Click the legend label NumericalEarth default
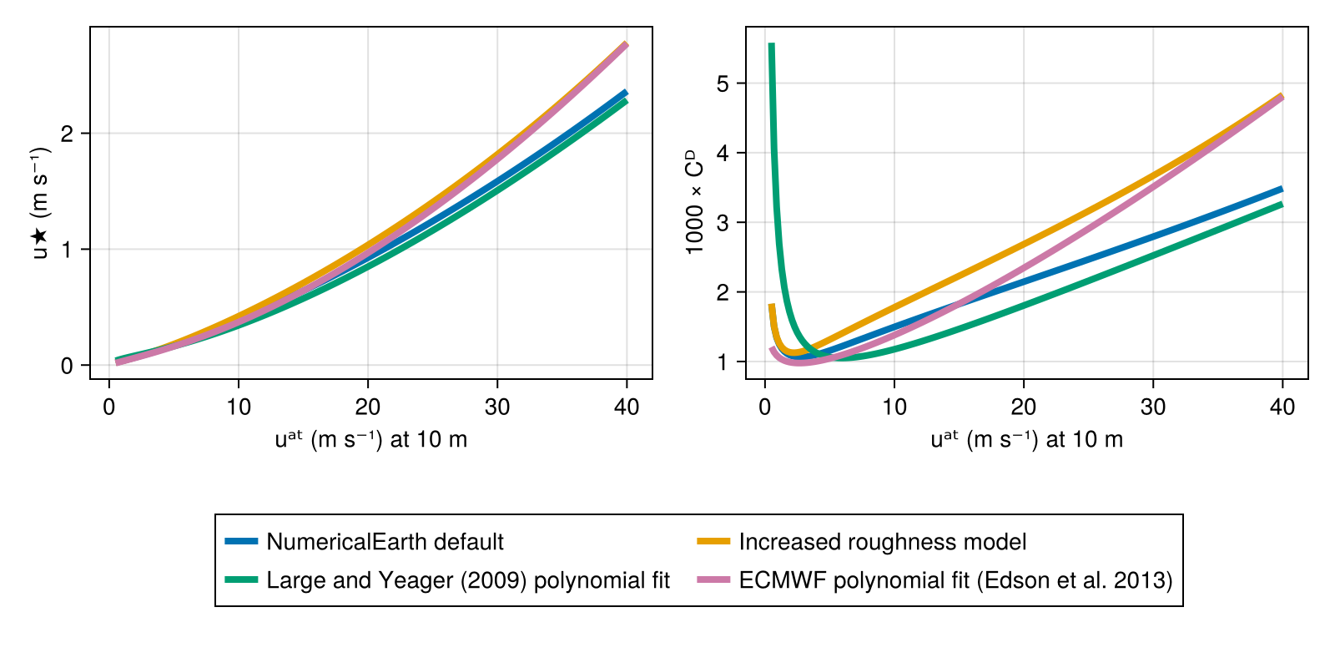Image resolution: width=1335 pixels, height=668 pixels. [x=385, y=542]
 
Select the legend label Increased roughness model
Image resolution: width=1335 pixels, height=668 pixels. [x=882, y=542]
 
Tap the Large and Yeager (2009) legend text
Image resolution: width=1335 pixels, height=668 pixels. [x=468, y=580]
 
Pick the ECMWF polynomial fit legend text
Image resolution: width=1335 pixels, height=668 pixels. [x=955, y=580]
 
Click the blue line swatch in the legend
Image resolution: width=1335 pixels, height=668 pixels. [x=241, y=542]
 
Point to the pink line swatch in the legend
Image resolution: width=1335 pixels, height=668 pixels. [x=713, y=580]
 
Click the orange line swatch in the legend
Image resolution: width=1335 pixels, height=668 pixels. [x=713, y=542]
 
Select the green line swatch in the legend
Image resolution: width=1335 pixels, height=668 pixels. [x=241, y=580]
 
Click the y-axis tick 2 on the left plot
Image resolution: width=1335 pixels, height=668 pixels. [x=67, y=134]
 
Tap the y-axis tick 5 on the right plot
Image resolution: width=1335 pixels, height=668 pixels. [x=723, y=83]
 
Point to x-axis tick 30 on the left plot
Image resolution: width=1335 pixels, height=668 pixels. [x=497, y=407]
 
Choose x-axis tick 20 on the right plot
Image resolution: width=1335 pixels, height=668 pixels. [x=1024, y=407]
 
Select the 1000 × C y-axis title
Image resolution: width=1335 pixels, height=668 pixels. [x=694, y=202]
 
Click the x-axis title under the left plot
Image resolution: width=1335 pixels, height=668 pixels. [x=371, y=439]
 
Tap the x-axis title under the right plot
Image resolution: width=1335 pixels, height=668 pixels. [x=1027, y=439]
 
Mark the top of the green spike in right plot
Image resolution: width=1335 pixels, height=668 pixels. [x=771, y=45]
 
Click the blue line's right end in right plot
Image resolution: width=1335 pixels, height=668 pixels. [x=1282, y=190]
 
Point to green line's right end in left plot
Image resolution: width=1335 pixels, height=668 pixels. [x=626, y=101]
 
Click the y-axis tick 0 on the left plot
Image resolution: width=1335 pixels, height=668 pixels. [x=67, y=366]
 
